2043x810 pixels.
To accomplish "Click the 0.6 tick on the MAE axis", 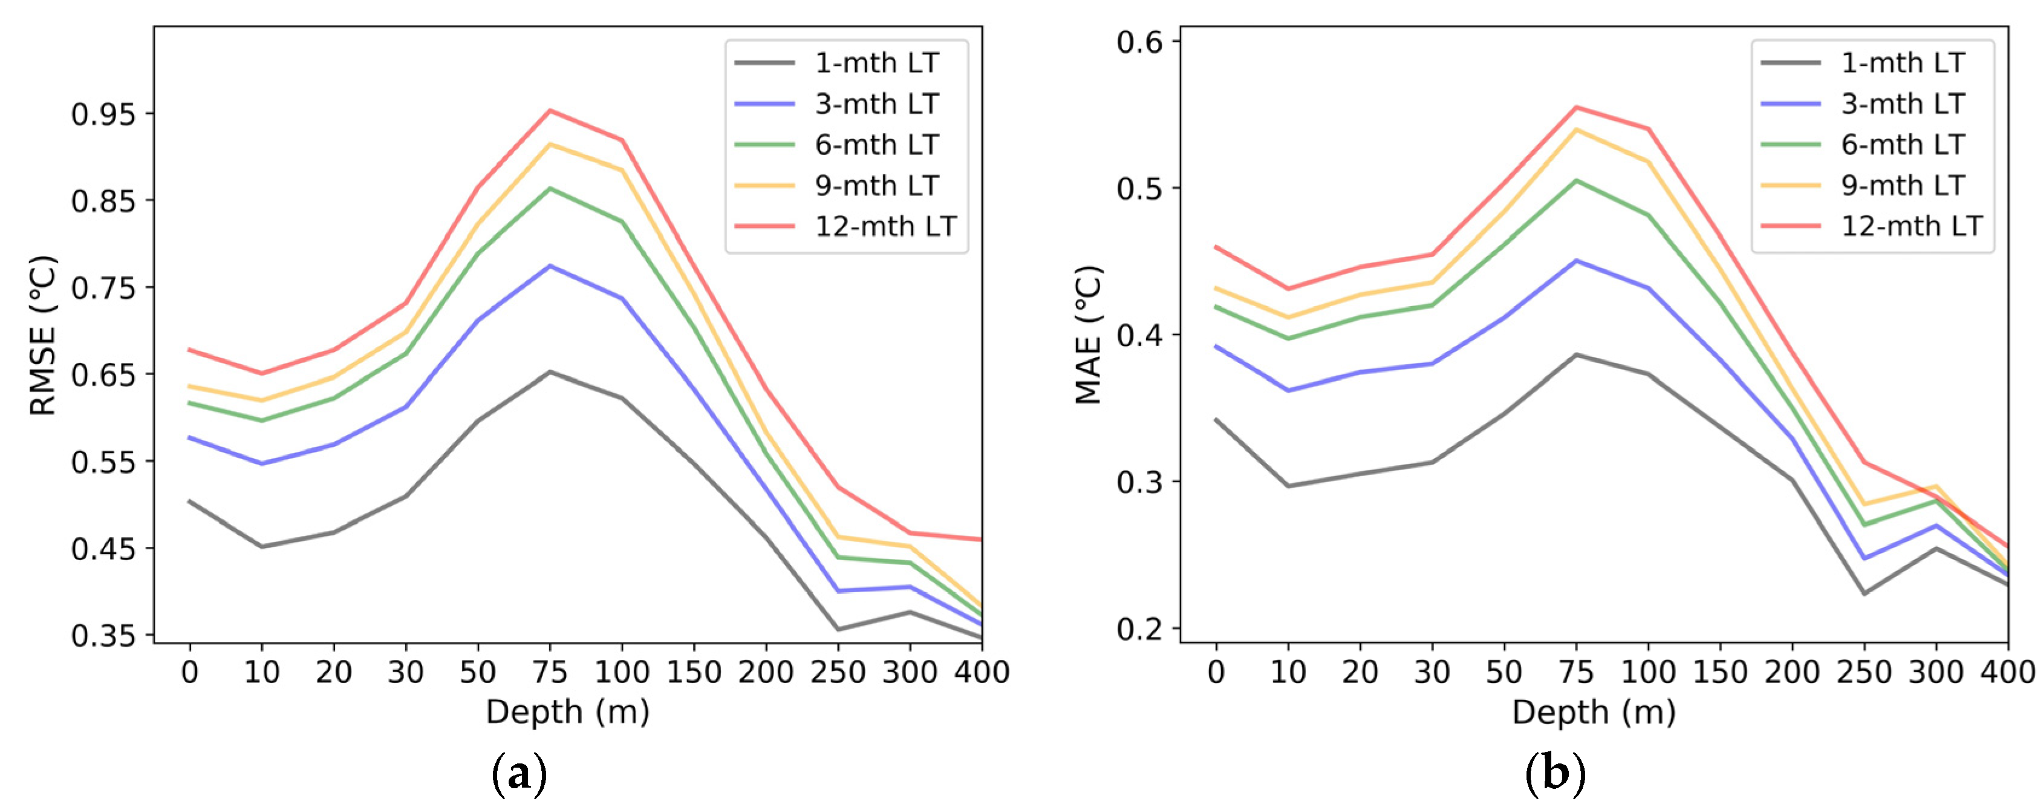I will click(1139, 41).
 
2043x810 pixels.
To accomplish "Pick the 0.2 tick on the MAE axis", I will click(1139, 629).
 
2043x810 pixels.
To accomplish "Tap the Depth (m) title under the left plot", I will click(567, 711).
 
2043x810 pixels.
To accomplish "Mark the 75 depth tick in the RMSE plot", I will click(550, 673).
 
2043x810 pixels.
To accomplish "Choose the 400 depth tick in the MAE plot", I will click(2007, 673).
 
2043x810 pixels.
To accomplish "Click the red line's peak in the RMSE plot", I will click(550, 110).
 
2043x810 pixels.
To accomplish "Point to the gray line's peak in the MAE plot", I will click(1576, 354).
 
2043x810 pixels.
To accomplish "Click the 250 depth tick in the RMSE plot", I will click(838, 673).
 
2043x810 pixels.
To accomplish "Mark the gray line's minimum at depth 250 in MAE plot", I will click(1865, 593).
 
